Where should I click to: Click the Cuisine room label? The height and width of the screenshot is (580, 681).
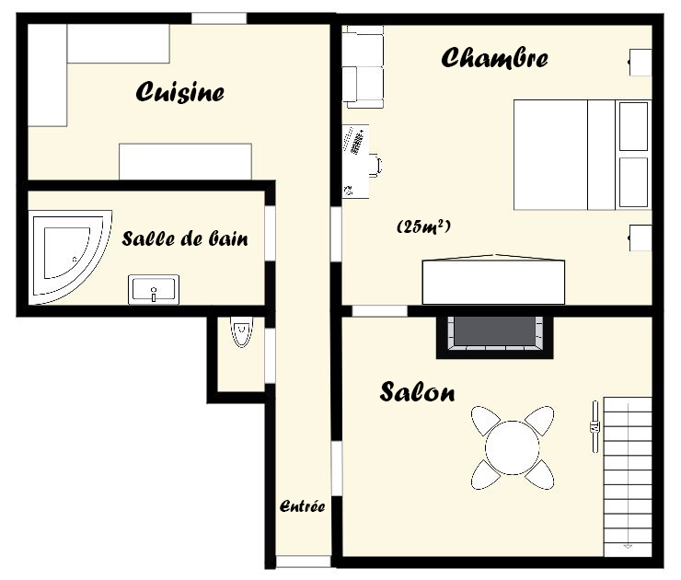[x=179, y=92]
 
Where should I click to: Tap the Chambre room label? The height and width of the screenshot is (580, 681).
[x=494, y=58]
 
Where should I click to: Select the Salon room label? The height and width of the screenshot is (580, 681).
[x=418, y=391]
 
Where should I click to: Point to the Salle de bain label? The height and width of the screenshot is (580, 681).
[x=185, y=238]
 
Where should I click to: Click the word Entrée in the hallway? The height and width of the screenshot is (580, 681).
[x=302, y=506]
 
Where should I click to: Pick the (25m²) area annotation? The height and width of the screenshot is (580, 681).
[x=423, y=226]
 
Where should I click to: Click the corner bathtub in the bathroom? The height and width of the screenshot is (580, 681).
[x=70, y=257]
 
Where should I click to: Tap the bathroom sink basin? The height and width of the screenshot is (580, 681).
[x=154, y=289]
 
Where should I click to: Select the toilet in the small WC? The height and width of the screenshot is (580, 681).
[x=241, y=331]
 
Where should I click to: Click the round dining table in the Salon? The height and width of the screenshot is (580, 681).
[x=513, y=447]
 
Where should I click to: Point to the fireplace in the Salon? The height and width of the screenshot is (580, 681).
[x=495, y=338]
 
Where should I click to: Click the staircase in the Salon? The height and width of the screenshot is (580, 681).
[x=628, y=476]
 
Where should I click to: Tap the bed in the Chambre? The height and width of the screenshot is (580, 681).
[x=582, y=155]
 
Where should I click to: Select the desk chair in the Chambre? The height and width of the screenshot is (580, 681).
[x=375, y=166]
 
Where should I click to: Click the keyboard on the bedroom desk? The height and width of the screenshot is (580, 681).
[x=357, y=141]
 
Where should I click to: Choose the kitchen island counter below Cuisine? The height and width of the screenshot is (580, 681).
[x=186, y=161]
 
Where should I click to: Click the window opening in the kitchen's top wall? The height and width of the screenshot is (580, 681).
[x=219, y=18]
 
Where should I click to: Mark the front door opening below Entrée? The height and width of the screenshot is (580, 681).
[x=304, y=562]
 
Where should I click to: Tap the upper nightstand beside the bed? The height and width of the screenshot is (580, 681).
[x=641, y=63]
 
